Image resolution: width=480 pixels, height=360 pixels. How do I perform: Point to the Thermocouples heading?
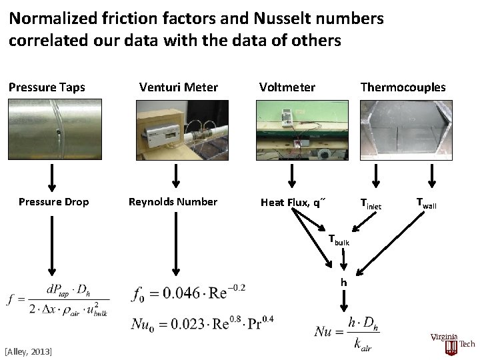(403, 87)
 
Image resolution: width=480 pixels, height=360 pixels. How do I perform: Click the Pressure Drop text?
(53, 202)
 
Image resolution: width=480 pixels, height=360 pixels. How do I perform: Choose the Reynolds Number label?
(173, 202)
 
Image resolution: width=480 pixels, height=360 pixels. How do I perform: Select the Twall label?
(426, 203)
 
